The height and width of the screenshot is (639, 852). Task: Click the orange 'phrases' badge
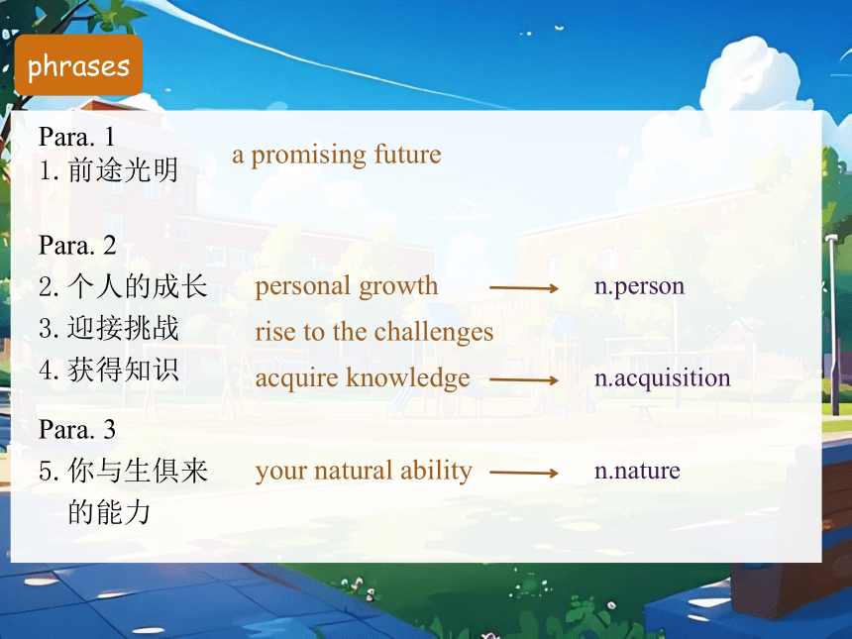click(x=79, y=65)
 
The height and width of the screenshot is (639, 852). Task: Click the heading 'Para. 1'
click(x=76, y=137)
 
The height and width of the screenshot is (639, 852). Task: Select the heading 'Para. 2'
click(x=77, y=245)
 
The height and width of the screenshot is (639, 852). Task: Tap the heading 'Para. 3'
click(x=77, y=429)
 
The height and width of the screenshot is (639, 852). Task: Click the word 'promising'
click(x=309, y=156)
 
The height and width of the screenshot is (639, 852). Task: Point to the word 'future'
click(x=407, y=155)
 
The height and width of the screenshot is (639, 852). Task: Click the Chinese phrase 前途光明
click(x=123, y=170)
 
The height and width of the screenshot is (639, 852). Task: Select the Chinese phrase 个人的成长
click(x=138, y=286)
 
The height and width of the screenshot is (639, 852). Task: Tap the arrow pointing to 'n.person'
click(x=524, y=288)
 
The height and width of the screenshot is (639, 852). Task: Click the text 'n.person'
click(x=640, y=286)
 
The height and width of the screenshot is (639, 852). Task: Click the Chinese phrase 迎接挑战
click(x=123, y=328)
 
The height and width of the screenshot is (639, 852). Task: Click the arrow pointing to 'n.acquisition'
click(x=524, y=380)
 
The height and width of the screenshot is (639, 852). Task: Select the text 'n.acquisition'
click(x=663, y=378)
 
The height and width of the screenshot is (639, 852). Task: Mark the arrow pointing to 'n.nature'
click(x=524, y=473)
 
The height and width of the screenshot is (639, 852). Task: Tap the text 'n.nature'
click(x=637, y=471)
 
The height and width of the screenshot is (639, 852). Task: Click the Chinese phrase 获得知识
click(x=123, y=371)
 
